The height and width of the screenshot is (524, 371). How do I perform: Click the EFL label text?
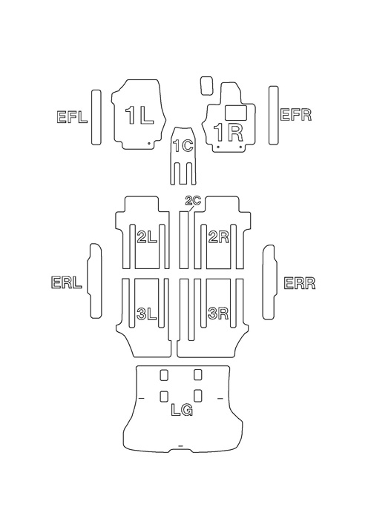pyautogui.click(x=72, y=117)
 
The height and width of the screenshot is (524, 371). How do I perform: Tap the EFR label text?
pyautogui.click(x=296, y=115)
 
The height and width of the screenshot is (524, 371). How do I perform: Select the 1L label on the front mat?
pyautogui.click(x=139, y=116)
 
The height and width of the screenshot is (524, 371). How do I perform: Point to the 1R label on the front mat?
pyautogui.click(x=228, y=133)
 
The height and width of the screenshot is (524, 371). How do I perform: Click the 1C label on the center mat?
pyautogui.click(x=183, y=146)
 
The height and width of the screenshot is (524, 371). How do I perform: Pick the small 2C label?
pyautogui.click(x=193, y=201)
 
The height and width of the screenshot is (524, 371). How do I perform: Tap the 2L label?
pyautogui.click(x=147, y=237)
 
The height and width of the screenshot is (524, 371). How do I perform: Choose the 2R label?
pyautogui.click(x=218, y=237)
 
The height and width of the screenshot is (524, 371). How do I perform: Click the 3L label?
pyautogui.click(x=147, y=314)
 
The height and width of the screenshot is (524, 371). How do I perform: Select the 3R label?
pyautogui.click(x=218, y=314)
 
